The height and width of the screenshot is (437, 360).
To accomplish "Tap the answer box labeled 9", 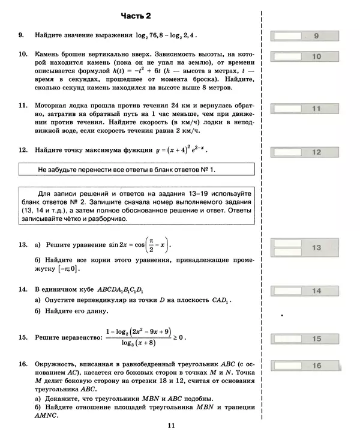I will pyautogui.click(x=307, y=36).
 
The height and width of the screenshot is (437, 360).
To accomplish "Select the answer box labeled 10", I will pyautogui.click(x=307, y=57).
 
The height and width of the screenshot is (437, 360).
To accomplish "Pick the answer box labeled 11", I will pyautogui.click(x=307, y=109).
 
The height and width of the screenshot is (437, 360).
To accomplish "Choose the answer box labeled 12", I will pyautogui.click(x=307, y=152).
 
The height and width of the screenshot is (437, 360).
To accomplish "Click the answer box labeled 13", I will pyautogui.click(x=307, y=247).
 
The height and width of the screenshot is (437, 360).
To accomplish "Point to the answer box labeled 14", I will pyautogui.click(x=307, y=291).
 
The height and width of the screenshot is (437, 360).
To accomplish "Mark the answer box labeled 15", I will pyautogui.click(x=307, y=339).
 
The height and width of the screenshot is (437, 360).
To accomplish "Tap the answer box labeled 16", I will pyautogui.click(x=307, y=365).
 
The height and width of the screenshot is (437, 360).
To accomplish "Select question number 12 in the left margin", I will pyautogui.click(x=22, y=149).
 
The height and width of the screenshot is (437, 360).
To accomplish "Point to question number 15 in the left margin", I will pyautogui.click(x=22, y=338).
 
